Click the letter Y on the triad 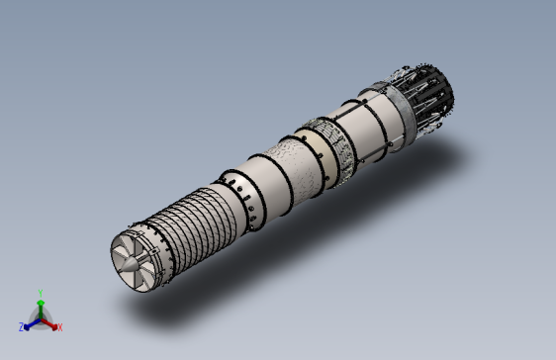[41, 293]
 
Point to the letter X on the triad [59, 327]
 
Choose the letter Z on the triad [21, 327]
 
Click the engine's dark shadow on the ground [326, 227]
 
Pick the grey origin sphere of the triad [41, 318]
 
